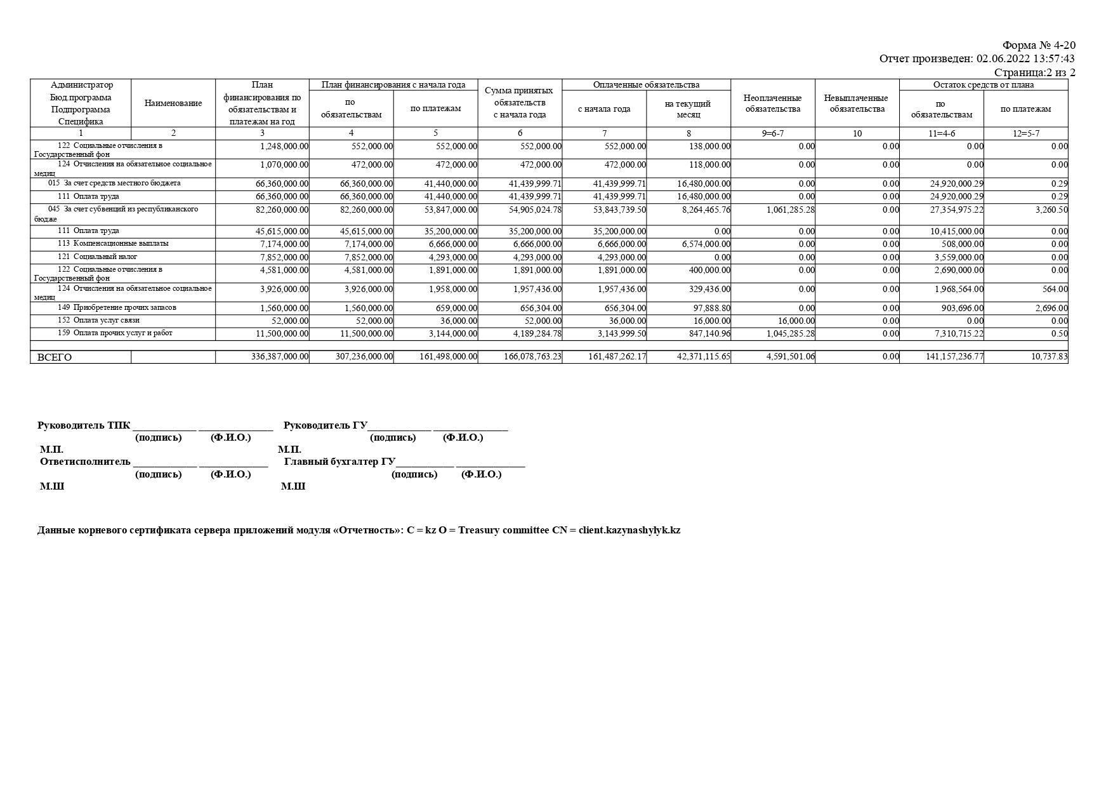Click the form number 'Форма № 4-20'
pyautogui.click(x=1038, y=45)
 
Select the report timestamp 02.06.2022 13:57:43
pyautogui.click(x=1025, y=58)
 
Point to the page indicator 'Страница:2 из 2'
pyautogui.click(x=1034, y=72)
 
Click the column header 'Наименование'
pyautogui.click(x=173, y=103)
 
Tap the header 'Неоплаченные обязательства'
pyautogui.click(x=772, y=103)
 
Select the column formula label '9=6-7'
pyautogui.click(x=772, y=133)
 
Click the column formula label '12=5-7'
pyautogui.click(x=1025, y=133)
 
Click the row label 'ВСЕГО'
pyautogui.click(x=55, y=357)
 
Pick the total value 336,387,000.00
pyautogui.click(x=280, y=357)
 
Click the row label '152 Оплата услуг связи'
pyautogui.click(x=98, y=320)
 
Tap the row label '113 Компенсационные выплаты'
pyautogui.click(x=113, y=243)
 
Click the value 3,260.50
pyautogui.click(x=1051, y=210)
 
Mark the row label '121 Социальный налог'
pyautogui.click(x=97, y=257)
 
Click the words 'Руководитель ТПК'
pyautogui.click(x=84, y=425)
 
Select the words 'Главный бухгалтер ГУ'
pyautogui.click(x=339, y=462)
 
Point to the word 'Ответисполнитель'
pyautogui.click(x=85, y=462)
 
